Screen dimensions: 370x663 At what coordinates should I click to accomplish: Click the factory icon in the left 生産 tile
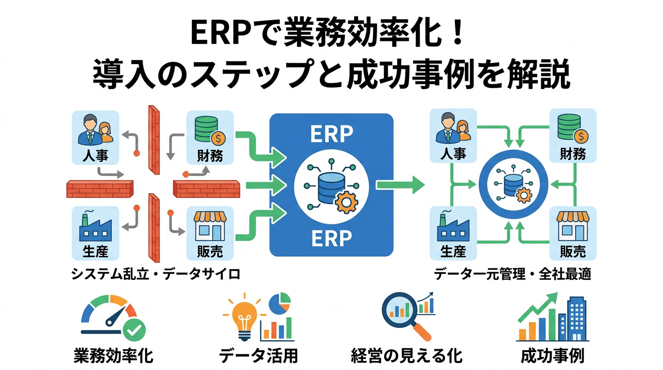(95, 228)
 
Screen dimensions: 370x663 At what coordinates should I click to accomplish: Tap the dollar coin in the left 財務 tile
(218, 138)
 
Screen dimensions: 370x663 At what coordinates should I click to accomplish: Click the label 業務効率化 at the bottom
(114, 356)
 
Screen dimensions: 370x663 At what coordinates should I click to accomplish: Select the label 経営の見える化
(407, 356)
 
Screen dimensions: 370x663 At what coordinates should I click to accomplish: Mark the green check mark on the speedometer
(134, 330)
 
